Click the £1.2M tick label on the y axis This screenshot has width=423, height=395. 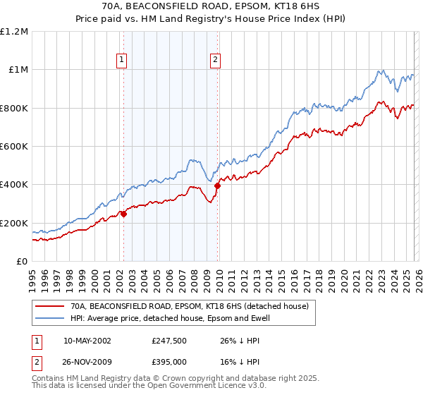(14, 31)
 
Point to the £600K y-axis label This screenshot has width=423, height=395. (14, 146)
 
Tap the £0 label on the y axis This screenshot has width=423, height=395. (23, 261)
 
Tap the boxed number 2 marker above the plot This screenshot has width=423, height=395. (214, 61)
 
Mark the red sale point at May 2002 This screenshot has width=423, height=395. (123, 214)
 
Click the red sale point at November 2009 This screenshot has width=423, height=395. (218, 186)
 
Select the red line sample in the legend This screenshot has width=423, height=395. (49, 307)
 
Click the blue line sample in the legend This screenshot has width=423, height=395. (49, 318)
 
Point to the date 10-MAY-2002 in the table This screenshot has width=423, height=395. (87, 340)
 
